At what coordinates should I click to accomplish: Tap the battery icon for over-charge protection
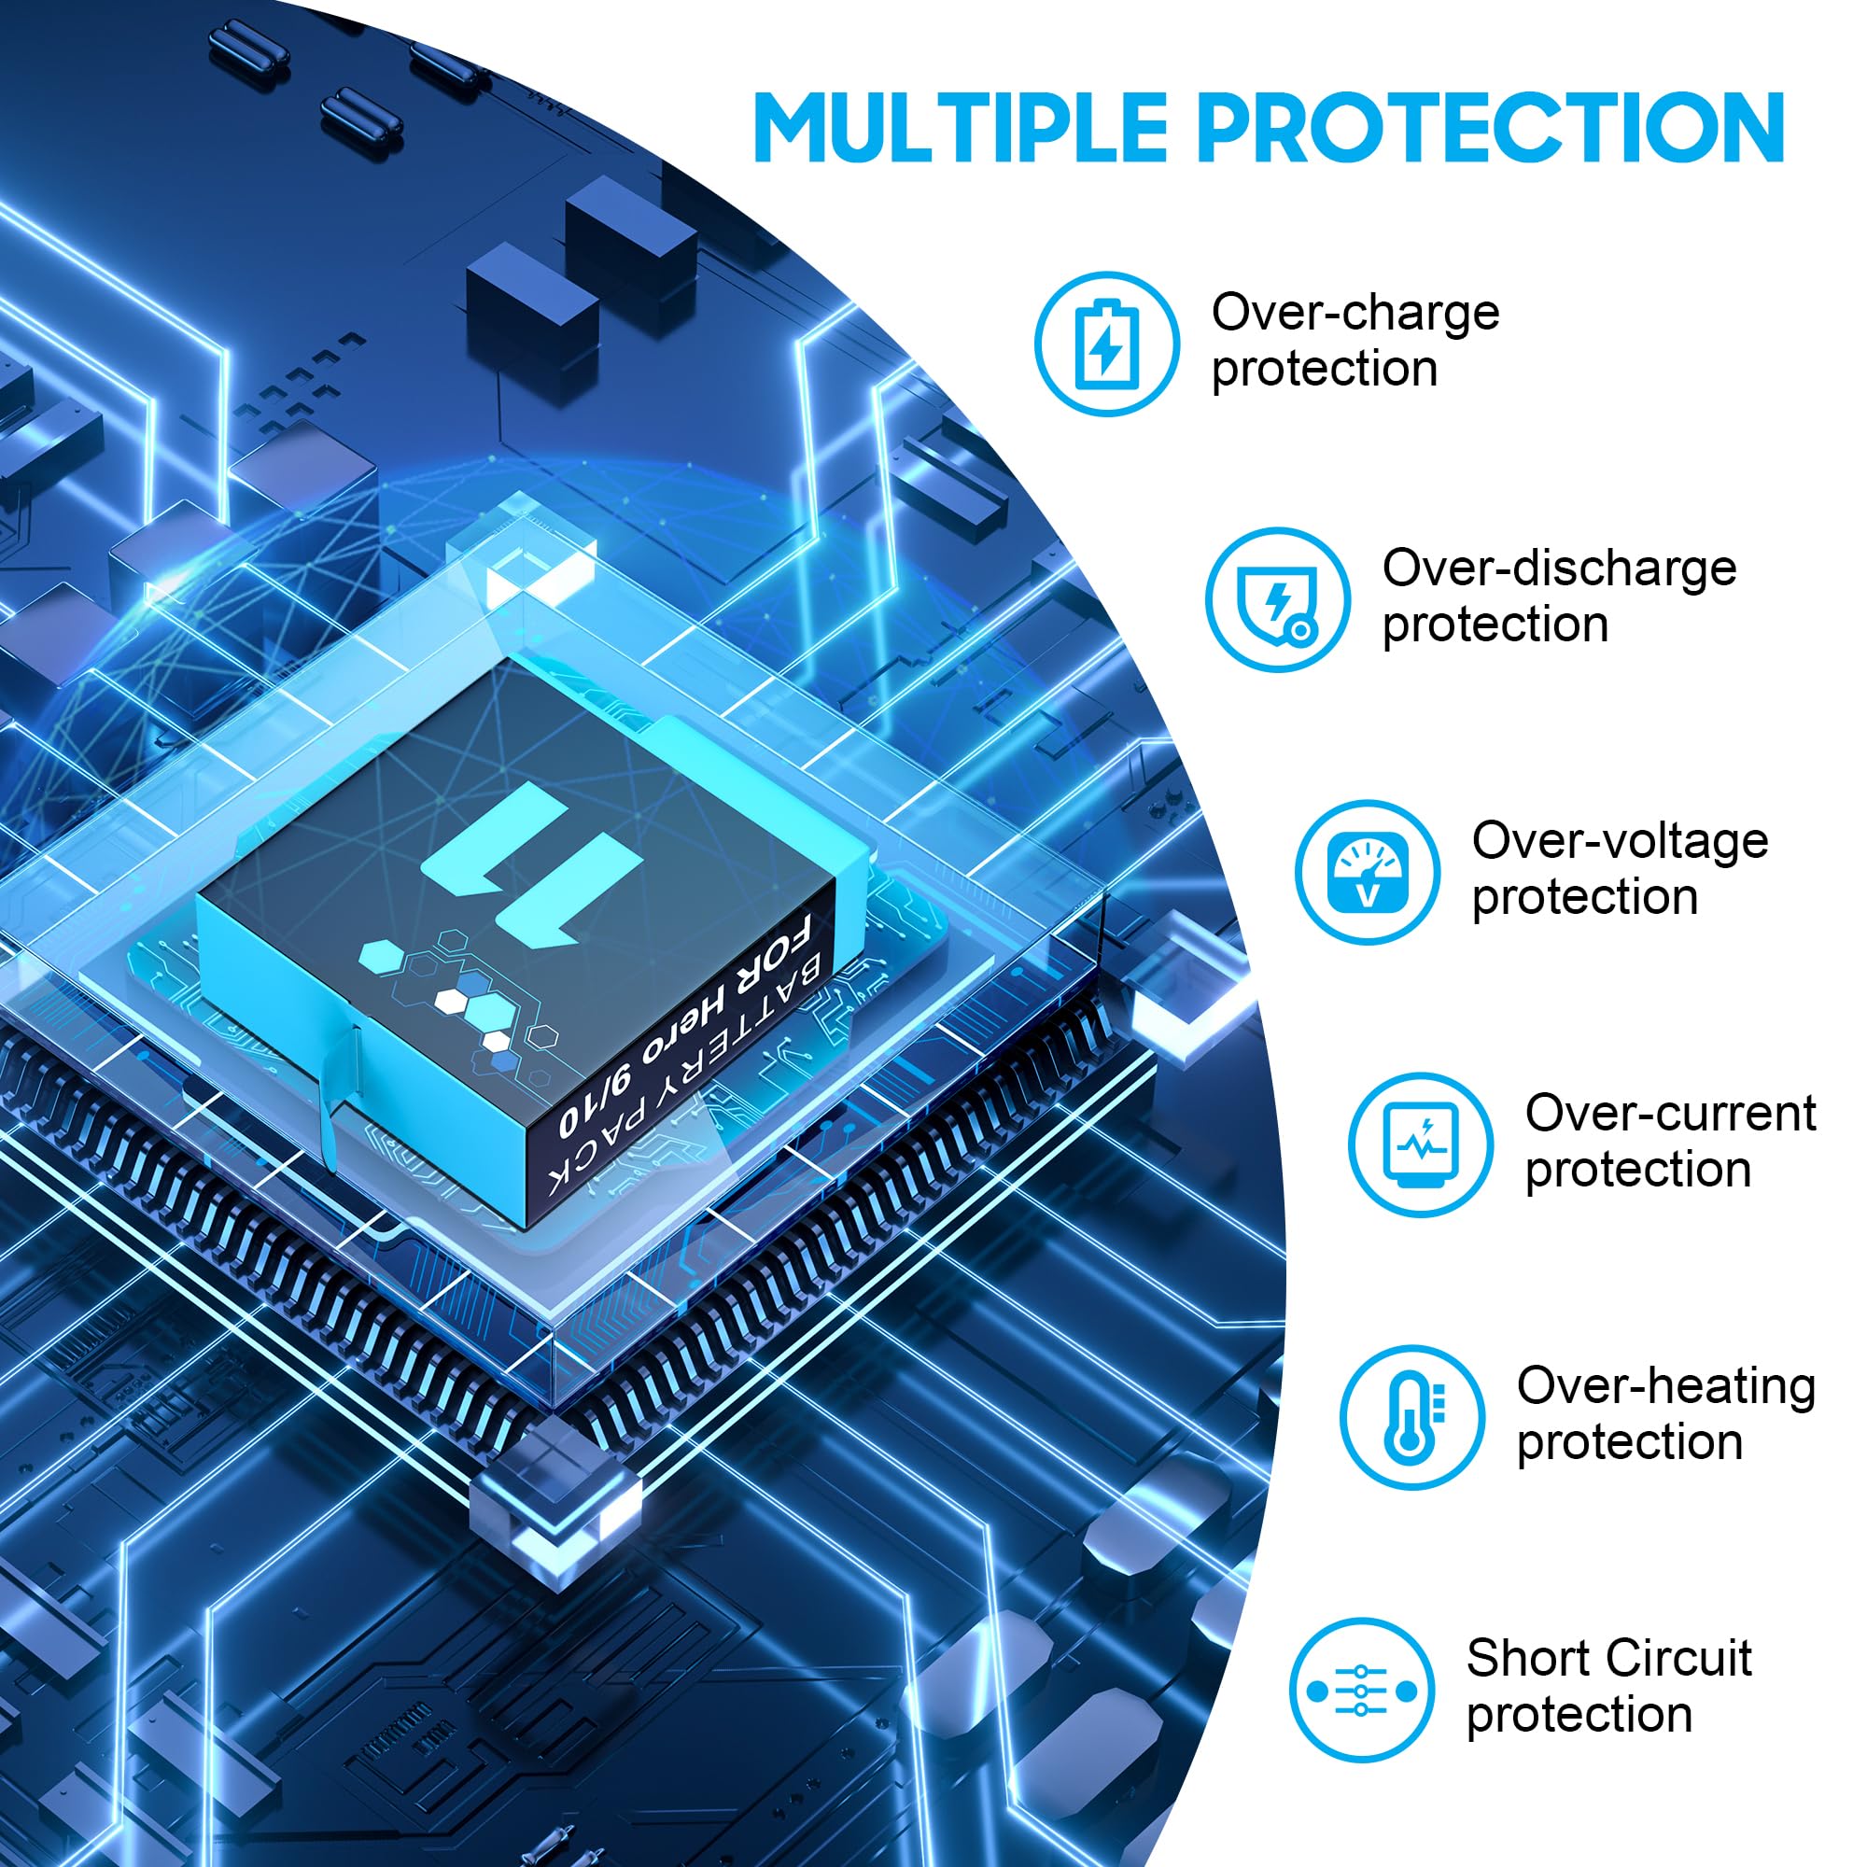coord(1106,344)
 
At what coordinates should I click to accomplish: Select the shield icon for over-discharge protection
coord(1278,600)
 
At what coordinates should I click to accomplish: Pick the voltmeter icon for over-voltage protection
coord(1368,873)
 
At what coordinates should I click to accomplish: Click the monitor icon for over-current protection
coord(1421,1145)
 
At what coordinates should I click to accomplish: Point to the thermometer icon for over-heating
coord(1411,1418)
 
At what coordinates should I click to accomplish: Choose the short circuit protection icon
coord(1361,1692)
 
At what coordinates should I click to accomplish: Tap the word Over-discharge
coord(1559,569)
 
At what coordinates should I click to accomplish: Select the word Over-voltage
coord(1620,841)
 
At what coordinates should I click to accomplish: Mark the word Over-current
coord(1670,1114)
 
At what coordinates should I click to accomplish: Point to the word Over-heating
coord(1666,1387)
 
